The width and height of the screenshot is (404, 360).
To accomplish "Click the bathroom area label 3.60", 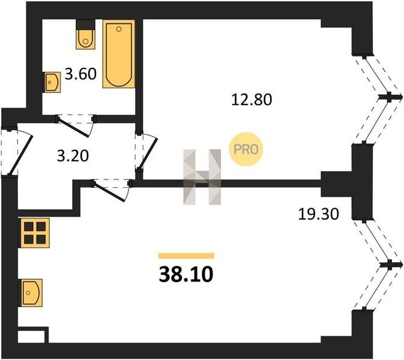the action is tap(80, 74).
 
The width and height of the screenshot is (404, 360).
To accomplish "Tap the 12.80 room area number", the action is tap(252, 100).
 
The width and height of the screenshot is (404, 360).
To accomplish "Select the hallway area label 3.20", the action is tap(73, 156).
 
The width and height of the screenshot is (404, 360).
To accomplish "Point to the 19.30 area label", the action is tap(318, 214).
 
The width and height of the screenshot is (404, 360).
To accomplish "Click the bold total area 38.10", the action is tap(186, 274).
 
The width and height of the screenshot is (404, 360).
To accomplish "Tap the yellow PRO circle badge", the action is tap(246, 149).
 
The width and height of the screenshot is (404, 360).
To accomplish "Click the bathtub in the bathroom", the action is tap(119, 54).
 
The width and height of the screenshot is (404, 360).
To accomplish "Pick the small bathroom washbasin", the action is tap(53, 82).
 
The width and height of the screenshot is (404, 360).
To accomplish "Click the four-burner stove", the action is tap(34, 233).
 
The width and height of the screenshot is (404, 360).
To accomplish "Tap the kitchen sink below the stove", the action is tap(31, 293).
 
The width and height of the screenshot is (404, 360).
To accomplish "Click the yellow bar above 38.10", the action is tap(186, 256).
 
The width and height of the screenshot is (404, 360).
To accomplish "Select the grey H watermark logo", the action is tap(202, 177).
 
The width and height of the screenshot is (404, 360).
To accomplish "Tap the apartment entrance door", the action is tap(17, 152).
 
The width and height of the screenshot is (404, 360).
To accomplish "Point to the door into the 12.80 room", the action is tap(146, 151).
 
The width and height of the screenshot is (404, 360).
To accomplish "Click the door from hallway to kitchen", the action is tap(112, 190).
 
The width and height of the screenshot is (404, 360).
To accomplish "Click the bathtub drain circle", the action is tap(119, 29).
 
